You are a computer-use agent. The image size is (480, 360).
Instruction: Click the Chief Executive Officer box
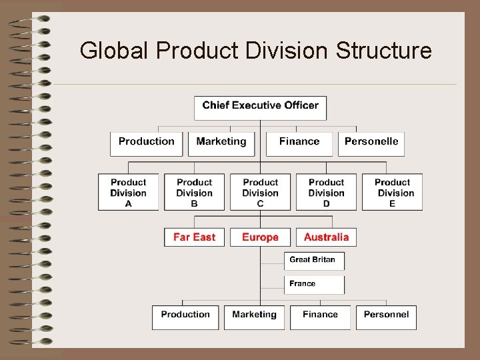(x=260, y=107)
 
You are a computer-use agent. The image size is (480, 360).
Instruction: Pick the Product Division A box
(x=128, y=193)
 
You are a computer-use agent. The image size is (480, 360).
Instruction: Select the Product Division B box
(x=194, y=193)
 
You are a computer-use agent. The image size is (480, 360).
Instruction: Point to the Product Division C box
(x=260, y=193)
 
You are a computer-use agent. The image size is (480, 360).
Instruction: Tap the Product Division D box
(x=326, y=193)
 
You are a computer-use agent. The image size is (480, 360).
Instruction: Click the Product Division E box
(x=392, y=193)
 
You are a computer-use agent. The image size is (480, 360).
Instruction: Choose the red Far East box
(x=194, y=237)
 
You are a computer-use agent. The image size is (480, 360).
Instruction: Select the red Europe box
(x=260, y=237)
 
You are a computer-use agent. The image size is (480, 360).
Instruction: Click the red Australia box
(x=326, y=237)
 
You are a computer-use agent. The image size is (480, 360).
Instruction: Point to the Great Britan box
(x=314, y=261)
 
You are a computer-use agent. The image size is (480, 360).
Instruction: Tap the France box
(x=314, y=285)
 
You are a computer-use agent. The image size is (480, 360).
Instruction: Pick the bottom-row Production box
(x=185, y=317)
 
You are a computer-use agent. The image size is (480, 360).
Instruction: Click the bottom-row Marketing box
(x=254, y=317)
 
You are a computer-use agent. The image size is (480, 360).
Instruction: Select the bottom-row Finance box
(x=320, y=317)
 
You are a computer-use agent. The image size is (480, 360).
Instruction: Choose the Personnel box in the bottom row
(x=386, y=317)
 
